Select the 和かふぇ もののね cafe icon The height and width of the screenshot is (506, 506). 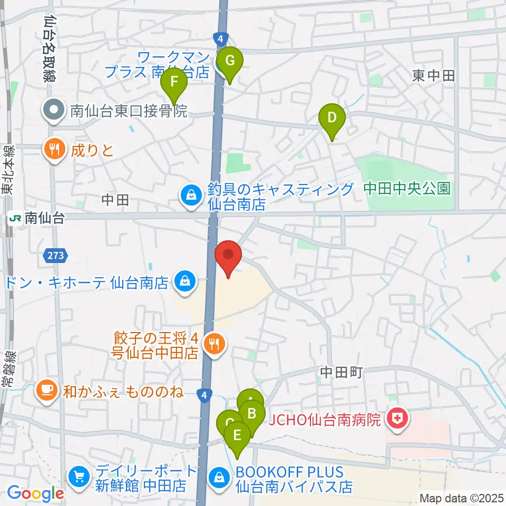tap(47, 392)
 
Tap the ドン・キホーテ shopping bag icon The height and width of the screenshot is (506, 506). tap(184, 281)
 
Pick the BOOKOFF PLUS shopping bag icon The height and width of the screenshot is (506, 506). tap(219, 479)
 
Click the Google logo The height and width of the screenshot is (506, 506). tap(35, 493)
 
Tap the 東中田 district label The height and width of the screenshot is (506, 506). tap(433, 76)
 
